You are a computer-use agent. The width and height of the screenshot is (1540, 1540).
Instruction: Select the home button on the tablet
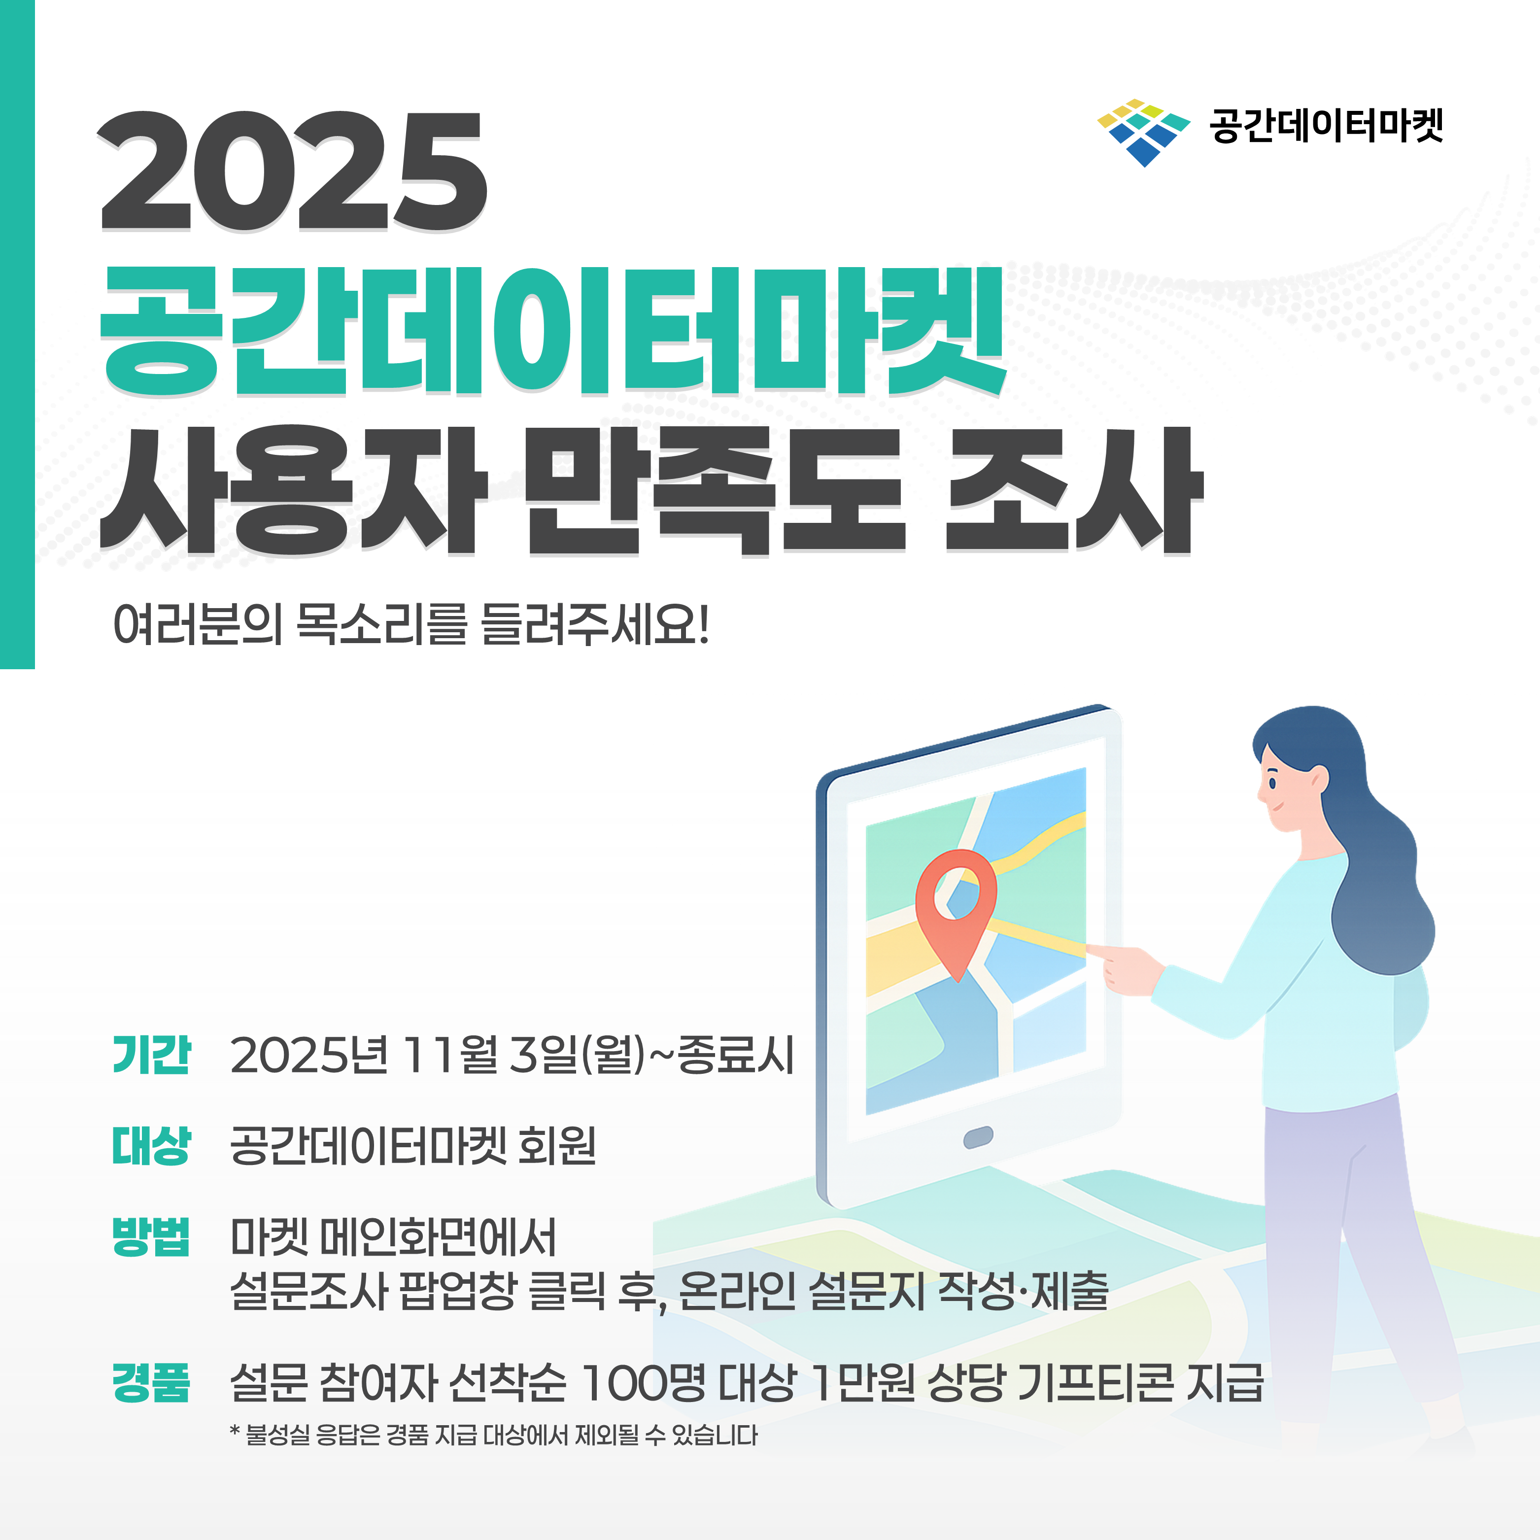click(x=978, y=1137)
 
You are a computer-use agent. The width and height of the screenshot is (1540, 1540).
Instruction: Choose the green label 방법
click(x=151, y=1237)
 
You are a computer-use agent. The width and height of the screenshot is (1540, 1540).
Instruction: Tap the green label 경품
click(x=151, y=1382)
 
